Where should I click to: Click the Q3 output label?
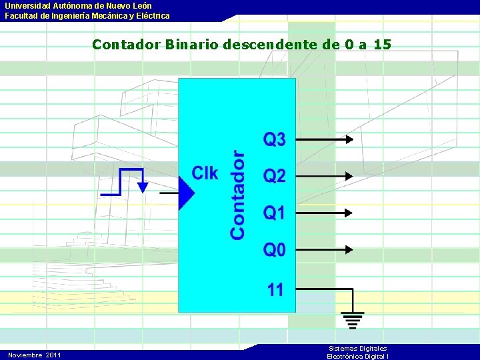coord(275,140)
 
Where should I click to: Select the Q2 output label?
coord(275,177)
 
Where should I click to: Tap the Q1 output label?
coord(275,213)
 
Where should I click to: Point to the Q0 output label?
coord(275,250)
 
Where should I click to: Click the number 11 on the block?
coord(276,290)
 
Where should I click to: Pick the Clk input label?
coord(205,173)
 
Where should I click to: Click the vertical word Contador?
coord(237,195)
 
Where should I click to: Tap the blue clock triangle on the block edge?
coord(186,193)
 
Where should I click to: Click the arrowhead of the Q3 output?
coord(349,140)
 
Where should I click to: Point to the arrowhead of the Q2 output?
coord(349,177)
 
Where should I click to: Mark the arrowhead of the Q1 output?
coord(349,213)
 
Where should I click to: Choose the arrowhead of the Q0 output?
coord(349,250)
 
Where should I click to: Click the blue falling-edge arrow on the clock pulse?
coord(142,187)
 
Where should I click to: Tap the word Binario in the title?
coord(193,45)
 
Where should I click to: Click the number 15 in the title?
coord(382,45)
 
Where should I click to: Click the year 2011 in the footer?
coord(53,355)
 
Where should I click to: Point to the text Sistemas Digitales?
coord(357,349)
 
